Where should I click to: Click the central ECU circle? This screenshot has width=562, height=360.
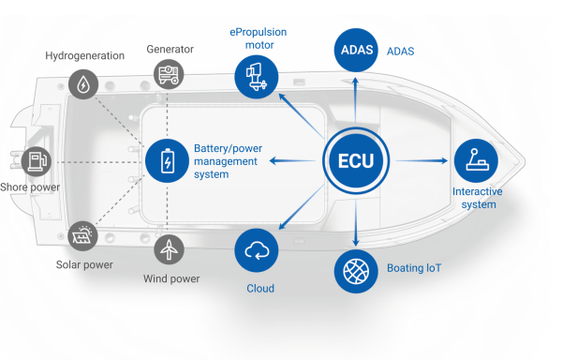356,160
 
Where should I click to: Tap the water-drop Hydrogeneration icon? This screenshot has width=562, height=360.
83,84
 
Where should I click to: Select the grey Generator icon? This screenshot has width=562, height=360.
169,75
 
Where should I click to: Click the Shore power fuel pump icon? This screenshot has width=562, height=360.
37,161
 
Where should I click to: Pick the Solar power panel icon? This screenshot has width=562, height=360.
82,236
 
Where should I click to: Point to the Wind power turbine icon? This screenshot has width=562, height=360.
169,249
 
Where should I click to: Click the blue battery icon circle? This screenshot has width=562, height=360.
167,160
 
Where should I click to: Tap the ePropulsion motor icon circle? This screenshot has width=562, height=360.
257,77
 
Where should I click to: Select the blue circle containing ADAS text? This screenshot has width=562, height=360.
356,51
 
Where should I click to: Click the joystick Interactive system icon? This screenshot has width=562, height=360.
476,160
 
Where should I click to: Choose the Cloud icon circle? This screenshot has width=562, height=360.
257,250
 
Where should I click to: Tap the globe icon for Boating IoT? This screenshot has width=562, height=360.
356,272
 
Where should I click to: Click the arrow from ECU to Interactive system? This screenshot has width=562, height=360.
421,160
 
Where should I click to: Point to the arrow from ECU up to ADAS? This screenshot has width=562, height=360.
355,99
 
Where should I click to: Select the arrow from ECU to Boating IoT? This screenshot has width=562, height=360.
356,223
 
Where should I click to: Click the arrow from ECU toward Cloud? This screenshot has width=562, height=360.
301,207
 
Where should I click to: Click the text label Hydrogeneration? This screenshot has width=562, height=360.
85,55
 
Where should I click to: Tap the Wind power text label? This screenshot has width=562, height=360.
171,278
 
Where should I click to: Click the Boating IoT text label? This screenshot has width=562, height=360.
414,268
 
